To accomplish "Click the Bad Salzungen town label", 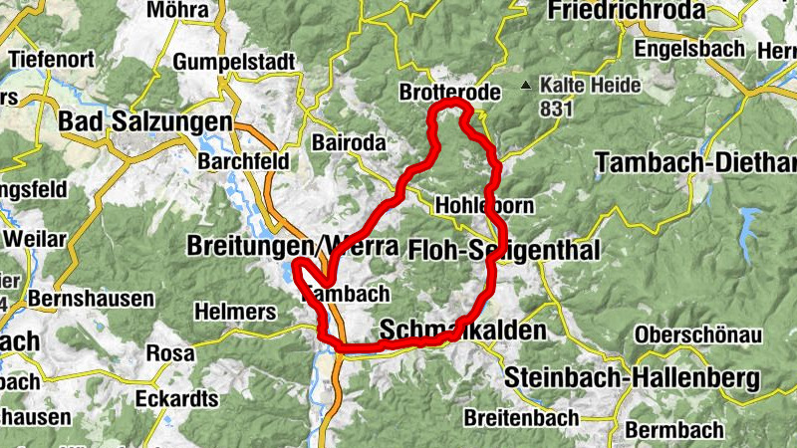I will click(145, 120).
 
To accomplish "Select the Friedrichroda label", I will click(627, 11).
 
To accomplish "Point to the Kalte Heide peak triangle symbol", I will click(525, 85).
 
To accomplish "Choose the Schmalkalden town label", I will click(463, 330).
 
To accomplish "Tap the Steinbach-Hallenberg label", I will click(632, 378).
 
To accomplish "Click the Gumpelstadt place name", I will click(234, 62).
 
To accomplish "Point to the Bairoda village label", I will click(348, 142).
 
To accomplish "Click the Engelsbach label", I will click(689, 48).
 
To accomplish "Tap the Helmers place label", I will click(237, 312).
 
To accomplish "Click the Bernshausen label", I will click(92, 298).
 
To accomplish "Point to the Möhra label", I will click(176, 10).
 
